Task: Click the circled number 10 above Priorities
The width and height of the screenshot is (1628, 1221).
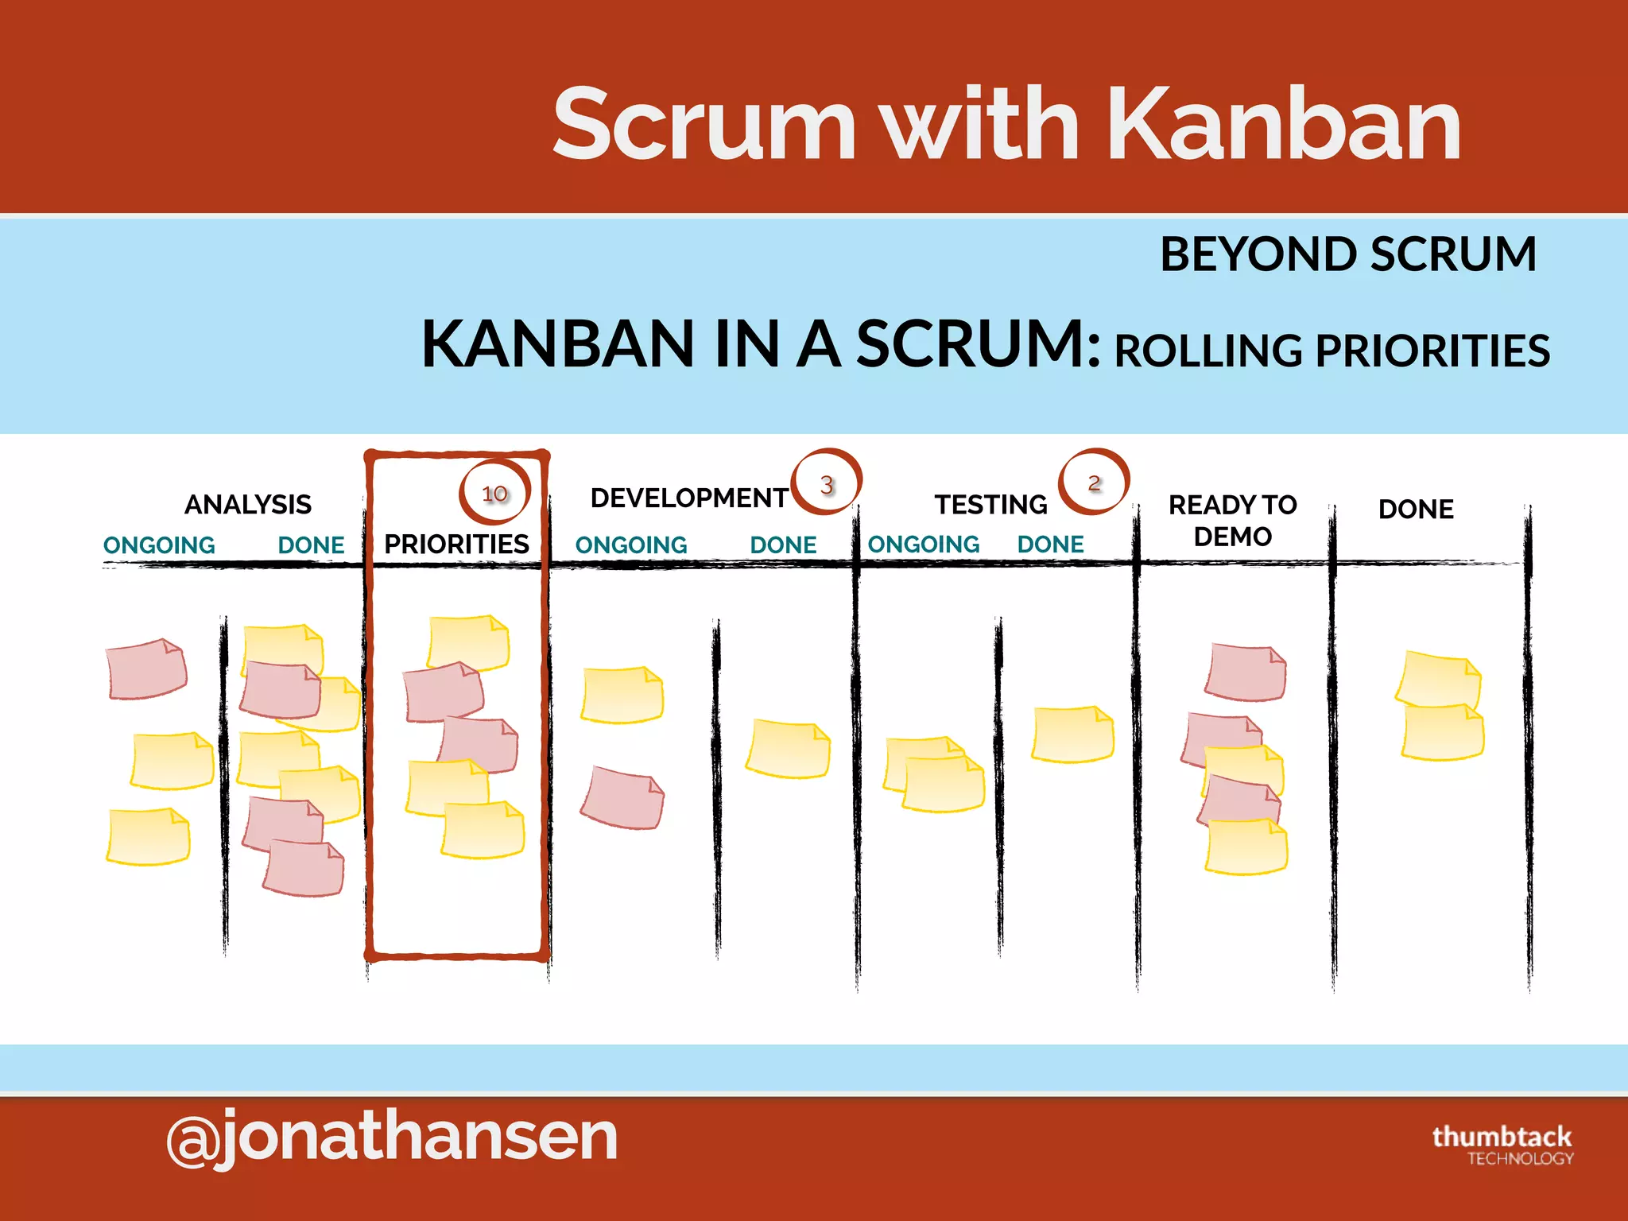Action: (494, 494)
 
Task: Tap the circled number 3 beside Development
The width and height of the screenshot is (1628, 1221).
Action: (827, 484)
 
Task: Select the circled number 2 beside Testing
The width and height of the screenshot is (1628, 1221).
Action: (1094, 483)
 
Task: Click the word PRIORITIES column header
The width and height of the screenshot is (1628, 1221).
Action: (456, 545)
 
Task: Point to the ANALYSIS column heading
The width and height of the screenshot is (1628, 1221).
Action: (248, 505)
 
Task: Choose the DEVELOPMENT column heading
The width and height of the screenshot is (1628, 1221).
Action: (688, 498)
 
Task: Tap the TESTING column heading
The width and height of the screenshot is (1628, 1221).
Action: (990, 505)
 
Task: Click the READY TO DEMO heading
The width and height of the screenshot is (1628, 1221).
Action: (1232, 521)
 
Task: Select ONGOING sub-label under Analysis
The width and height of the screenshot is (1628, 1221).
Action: (159, 545)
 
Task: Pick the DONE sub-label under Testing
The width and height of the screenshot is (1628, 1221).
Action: (1050, 545)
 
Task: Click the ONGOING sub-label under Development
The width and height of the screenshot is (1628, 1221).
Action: (631, 545)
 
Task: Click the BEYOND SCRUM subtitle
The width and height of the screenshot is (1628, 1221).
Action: (1347, 254)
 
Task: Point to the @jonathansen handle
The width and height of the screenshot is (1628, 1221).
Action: (392, 1137)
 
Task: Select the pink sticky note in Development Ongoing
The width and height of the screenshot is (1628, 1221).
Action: (623, 798)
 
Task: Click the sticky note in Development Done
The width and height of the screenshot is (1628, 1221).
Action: (788, 749)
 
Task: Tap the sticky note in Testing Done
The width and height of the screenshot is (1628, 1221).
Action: (1072, 735)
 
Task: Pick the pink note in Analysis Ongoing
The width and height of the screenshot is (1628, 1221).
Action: (147, 669)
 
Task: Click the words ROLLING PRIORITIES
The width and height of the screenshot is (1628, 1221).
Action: (1332, 351)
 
